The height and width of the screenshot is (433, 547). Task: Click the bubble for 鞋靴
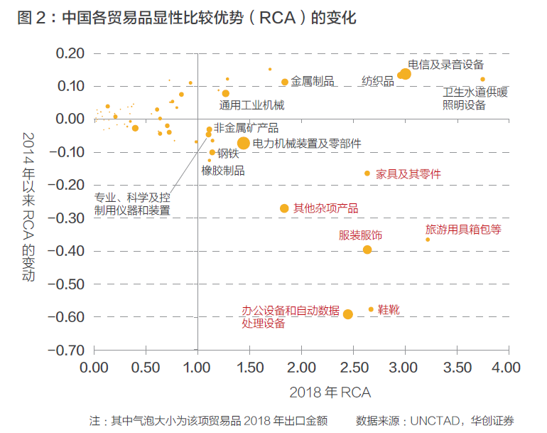click(371, 309)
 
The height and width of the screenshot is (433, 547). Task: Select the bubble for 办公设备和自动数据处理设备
click(348, 314)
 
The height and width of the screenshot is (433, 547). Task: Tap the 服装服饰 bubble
click(367, 250)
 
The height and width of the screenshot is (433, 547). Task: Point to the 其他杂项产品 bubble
click(284, 208)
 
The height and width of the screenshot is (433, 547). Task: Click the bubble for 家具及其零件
click(367, 173)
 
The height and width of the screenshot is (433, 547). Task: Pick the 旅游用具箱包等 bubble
click(428, 240)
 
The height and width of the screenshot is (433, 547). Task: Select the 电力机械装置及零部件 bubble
click(243, 143)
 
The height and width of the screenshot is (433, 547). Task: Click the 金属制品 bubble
click(285, 82)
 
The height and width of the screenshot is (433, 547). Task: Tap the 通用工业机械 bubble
click(226, 93)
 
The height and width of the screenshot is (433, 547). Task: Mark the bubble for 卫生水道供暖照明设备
click(482, 80)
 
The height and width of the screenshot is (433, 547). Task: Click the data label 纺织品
click(377, 82)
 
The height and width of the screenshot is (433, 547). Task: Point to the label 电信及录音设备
click(446, 65)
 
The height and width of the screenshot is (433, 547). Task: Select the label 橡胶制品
click(223, 171)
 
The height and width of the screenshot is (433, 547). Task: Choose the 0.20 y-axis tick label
click(71, 53)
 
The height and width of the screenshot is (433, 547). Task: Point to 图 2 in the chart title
click(28, 17)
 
